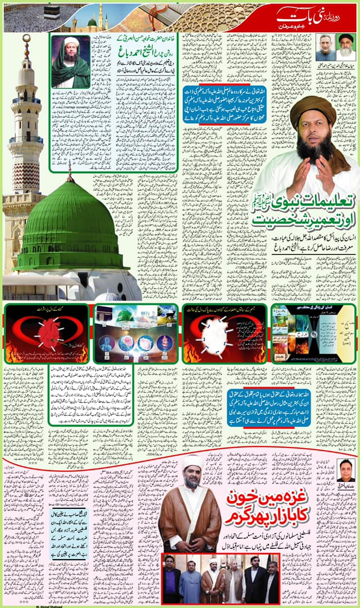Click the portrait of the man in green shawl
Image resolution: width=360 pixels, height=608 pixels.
point(70,62)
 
